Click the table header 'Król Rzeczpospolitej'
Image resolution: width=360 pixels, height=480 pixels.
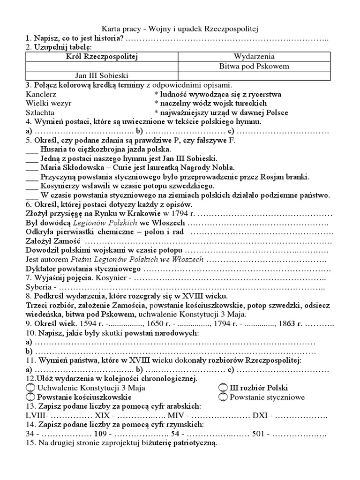101,57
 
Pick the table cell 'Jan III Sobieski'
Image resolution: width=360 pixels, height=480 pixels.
101,75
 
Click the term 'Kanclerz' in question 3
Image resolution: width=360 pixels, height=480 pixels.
41,94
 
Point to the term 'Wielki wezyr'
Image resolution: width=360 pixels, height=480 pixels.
47,104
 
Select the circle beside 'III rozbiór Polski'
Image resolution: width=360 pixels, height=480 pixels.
223,388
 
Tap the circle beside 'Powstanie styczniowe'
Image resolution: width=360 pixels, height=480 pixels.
223,397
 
